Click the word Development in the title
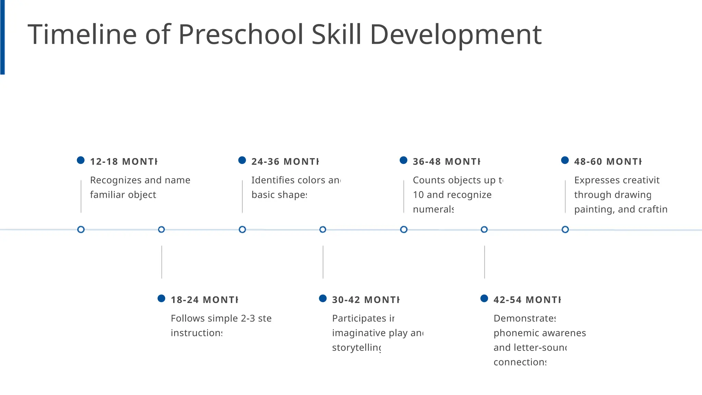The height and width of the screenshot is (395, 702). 456,35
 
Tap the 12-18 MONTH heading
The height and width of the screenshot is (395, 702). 123,161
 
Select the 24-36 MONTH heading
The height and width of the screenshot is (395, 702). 285,161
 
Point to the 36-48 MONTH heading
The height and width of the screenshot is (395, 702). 446,161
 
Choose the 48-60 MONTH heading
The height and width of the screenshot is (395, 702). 608,161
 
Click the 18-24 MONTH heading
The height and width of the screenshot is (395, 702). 204,300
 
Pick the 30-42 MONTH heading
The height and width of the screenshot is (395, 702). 366,300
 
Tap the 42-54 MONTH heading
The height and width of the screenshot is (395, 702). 527,300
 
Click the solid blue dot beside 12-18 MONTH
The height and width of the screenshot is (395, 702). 81,160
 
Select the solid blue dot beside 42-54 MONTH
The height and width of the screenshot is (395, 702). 484,298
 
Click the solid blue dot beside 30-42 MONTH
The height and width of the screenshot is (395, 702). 323,298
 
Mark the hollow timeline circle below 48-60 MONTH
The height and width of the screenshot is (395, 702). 565,229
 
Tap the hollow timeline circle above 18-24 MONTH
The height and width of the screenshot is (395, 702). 161,229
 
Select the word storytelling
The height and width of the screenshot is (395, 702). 356,348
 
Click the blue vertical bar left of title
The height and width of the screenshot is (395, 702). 2,37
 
